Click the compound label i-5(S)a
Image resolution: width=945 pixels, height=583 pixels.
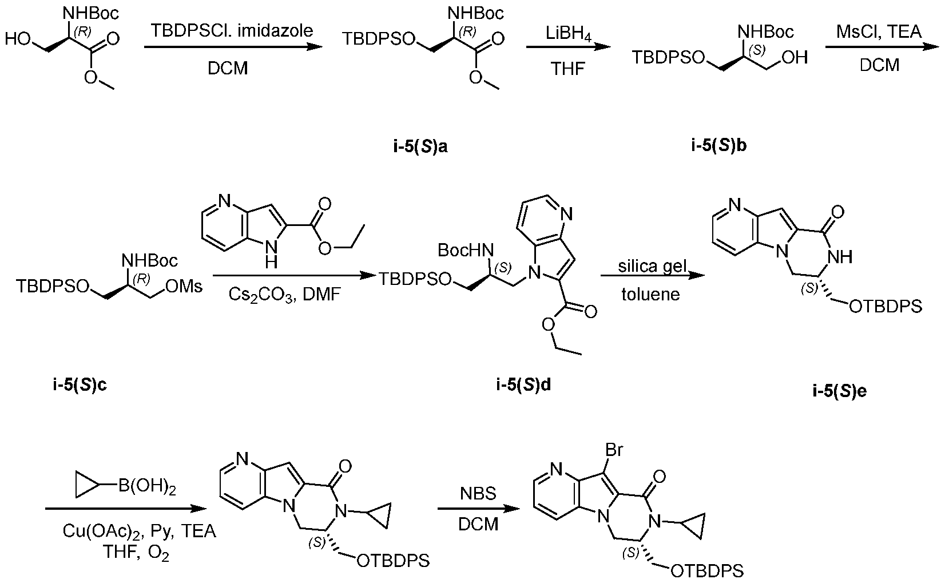(x=420, y=146)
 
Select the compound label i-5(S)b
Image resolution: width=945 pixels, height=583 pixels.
(x=719, y=145)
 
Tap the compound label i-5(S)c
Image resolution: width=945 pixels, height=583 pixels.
(x=80, y=385)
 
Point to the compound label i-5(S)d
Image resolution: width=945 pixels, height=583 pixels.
(x=523, y=385)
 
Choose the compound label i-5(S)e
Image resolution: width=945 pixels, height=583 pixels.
(x=840, y=391)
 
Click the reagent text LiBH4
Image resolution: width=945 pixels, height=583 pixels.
(x=568, y=34)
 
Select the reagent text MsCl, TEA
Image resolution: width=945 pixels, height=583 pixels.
(x=879, y=31)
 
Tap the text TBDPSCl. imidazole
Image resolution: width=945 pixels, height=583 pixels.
(x=232, y=30)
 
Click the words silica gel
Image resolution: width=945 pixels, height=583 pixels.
(x=652, y=267)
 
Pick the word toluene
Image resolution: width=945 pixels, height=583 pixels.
(x=650, y=295)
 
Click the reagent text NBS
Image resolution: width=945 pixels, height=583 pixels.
(x=478, y=494)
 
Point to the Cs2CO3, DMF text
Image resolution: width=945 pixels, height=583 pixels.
(x=284, y=295)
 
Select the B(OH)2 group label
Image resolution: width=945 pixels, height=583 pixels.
(x=147, y=487)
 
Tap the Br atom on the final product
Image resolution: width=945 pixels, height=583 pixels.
(x=614, y=450)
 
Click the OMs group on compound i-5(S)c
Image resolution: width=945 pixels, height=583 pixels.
(x=184, y=287)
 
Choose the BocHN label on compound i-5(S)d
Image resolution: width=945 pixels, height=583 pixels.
(x=465, y=250)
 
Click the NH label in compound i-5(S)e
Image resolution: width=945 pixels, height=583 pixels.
(x=840, y=256)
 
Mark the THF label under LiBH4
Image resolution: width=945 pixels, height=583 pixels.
(x=568, y=68)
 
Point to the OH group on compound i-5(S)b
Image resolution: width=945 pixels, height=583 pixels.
(x=795, y=57)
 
